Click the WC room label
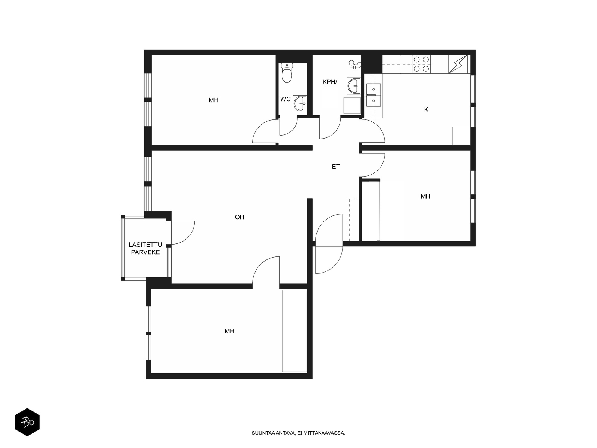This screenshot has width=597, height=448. [x=285, y=99]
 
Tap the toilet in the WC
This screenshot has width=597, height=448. [x=287, y=72]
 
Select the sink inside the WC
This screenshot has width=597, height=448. [x=300, y=104]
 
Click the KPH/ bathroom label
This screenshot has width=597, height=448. [x=329, y=82]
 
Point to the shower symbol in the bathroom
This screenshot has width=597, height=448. [x=355, y=65]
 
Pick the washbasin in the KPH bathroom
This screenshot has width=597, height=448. [x=354, y=86]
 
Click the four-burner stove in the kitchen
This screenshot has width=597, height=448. [x=421, y=64]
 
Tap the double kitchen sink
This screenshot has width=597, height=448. [x=373, y=95]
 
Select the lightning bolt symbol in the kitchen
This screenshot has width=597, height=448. [x=458, y=64]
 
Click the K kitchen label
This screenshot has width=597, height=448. [x=426, y=109]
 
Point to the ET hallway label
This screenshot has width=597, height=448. [x=336, y=167]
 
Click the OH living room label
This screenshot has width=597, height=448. [x=239, y=217]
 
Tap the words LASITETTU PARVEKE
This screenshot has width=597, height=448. [x=146, y=249]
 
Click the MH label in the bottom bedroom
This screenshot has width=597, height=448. [x=229, y=331]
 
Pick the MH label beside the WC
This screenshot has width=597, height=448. [x=213, y=100]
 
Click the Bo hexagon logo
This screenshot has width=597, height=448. [x=27, y=422]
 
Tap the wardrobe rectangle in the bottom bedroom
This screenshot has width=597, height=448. [x=294, y=331]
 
